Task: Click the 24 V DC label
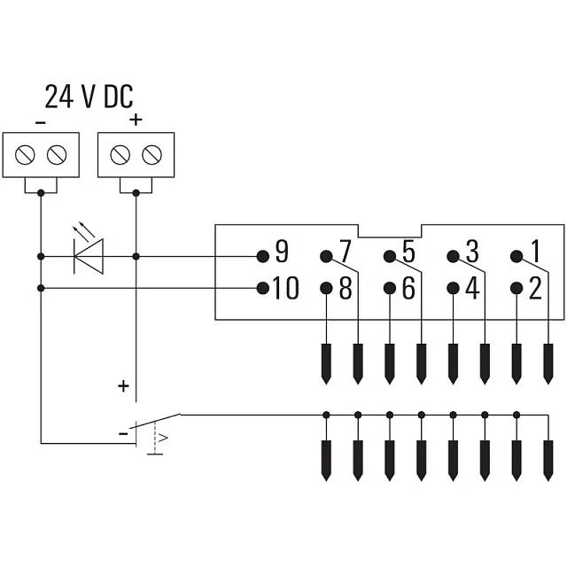[89, 97]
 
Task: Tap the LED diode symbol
[89, 256]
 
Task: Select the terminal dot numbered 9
[263, 256]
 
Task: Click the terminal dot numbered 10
[263, 288]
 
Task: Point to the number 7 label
[346, 252]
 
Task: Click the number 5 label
[408, 252]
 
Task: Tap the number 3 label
[472, 252]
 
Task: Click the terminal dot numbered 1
[517, 256]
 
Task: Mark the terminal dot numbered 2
[517, 288]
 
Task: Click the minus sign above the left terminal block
[41, 123]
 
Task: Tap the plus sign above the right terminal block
[136, 120]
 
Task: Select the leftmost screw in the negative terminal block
[25, 155]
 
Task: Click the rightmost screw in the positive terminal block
[151, 155]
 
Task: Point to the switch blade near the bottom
[155, 421]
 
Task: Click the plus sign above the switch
[124, 386]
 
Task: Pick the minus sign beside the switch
[123, 433]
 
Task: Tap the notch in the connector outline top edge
[390, 231]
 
